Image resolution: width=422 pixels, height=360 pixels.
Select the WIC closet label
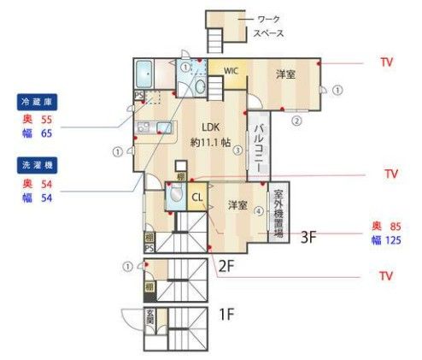click(231, 71)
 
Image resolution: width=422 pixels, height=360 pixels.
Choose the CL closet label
click(196, 197)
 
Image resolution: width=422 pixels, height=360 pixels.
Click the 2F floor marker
click(226, 264)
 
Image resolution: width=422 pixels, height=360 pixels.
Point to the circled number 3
click(238, 150)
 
